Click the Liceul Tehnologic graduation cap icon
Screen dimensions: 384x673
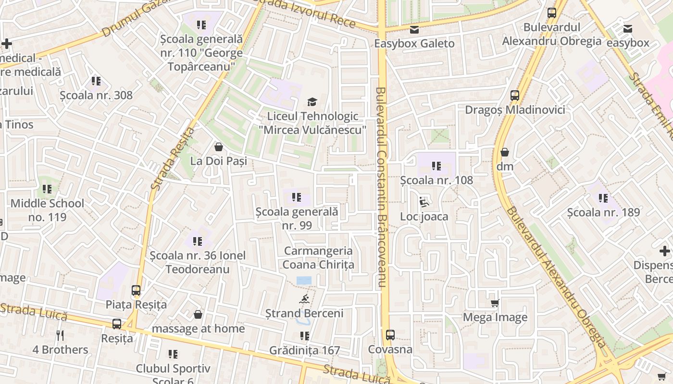pyautogui.click(x=312, y=102)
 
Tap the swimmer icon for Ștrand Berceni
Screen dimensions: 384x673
pyautogui.click(x=304, y=300)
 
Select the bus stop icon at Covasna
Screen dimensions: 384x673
pyautogui.click(x=390, y=335)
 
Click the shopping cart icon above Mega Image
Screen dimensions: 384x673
pyautogui.click(x=495, y=303)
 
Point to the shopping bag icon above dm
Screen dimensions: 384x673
pyautogui.click(x=505, y=152)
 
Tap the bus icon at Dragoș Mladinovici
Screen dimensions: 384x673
pyautogui.click(x=515, y=95)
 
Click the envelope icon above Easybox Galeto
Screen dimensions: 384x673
pyautogui.click(x=414, y=30)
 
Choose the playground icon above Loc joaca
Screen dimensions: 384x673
pyautogui.click(x=424, y=202)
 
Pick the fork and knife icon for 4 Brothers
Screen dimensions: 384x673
pyautogui.click(x=60, y=335)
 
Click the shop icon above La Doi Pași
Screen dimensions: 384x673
pyautogui.click(x=219, y=146)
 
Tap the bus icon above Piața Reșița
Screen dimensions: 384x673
pyautogui.click(x=136, y=290)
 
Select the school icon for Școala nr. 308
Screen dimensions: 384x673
pyautogui.click(x=96, y=81)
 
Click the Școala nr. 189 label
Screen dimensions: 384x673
pyautogui.click(x=603, y=212)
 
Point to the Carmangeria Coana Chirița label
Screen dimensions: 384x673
pyautogui.click(x=318, y=258)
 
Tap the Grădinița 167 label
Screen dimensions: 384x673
pyautogui.click(x=305, y=350)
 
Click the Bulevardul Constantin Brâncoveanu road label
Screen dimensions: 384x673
pyautogui.click(x=381, y=187)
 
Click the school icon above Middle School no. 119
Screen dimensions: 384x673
pyautogui.click(x=47, y=189)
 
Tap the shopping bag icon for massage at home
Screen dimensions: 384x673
pyautogui.click(x=198, y=314)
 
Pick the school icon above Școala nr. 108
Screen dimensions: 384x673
pyautogui.click(x=436, y=166)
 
